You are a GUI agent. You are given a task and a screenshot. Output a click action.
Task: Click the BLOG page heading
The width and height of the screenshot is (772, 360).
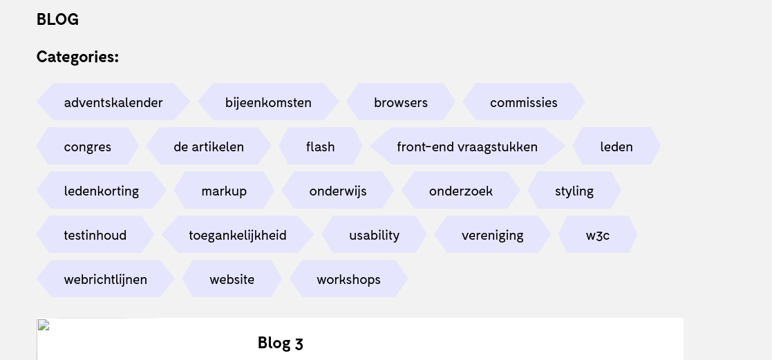[57, 20]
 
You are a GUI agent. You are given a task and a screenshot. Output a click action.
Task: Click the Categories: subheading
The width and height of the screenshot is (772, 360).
[77, 57]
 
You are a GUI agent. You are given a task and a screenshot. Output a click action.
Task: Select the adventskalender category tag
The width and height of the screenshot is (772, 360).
[113, 102]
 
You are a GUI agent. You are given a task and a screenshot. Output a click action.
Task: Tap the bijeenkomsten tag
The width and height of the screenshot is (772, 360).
[268, 102]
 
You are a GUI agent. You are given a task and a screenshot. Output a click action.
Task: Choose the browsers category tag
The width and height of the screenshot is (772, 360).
[401, 102]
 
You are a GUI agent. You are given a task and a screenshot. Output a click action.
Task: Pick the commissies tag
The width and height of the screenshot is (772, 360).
[524, 102]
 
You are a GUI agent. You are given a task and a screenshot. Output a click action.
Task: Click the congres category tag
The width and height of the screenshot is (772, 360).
[88, 146]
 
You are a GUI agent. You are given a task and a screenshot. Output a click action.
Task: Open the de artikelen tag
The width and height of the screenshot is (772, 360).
[209, 146]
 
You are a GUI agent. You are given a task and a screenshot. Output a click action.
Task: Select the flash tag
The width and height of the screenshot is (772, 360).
[321, 146]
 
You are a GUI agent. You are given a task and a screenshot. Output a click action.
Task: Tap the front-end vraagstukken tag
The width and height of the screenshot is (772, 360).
[467, 146]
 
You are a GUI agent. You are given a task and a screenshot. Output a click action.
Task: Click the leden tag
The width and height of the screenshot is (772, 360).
[616, 146]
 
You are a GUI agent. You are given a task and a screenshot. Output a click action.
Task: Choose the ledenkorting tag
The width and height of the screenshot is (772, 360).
[102, 191]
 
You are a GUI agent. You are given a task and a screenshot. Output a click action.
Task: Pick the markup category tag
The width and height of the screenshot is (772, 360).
[224, 191]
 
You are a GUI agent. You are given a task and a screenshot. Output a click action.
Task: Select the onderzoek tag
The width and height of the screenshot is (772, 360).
[461, 191]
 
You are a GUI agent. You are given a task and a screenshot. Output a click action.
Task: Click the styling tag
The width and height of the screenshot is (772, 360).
[574, 191]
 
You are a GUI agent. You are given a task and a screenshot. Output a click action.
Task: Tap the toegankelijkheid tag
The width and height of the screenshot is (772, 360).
[238, 235]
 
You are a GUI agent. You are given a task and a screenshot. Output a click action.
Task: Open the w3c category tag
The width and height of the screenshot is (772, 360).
[598, 235]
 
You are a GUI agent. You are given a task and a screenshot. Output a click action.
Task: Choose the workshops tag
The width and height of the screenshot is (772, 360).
[349, 279]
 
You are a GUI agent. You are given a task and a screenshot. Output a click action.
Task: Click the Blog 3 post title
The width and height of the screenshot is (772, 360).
[280, 343]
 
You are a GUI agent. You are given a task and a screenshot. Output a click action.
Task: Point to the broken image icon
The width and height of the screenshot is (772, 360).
[44, 325]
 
